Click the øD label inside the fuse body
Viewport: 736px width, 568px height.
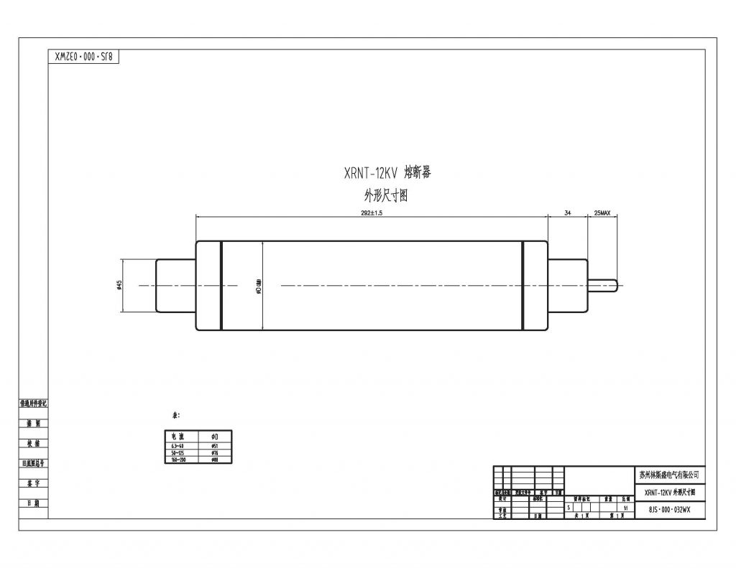click(259, 285)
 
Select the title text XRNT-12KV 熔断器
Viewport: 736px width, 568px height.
click(387, 172)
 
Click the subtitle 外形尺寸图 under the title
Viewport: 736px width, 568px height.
click(386, 196)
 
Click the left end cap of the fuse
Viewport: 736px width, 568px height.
click(175, 285)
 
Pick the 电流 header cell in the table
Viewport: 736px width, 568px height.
click(177, 437)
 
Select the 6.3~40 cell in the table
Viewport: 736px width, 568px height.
click(177, 446)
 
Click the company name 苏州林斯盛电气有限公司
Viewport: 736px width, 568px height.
click(668, 475)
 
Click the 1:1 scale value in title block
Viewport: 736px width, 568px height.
click(627, 508)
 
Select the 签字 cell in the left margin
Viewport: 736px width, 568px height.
click(33, 484)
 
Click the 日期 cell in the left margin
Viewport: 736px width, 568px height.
click(33, 503)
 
